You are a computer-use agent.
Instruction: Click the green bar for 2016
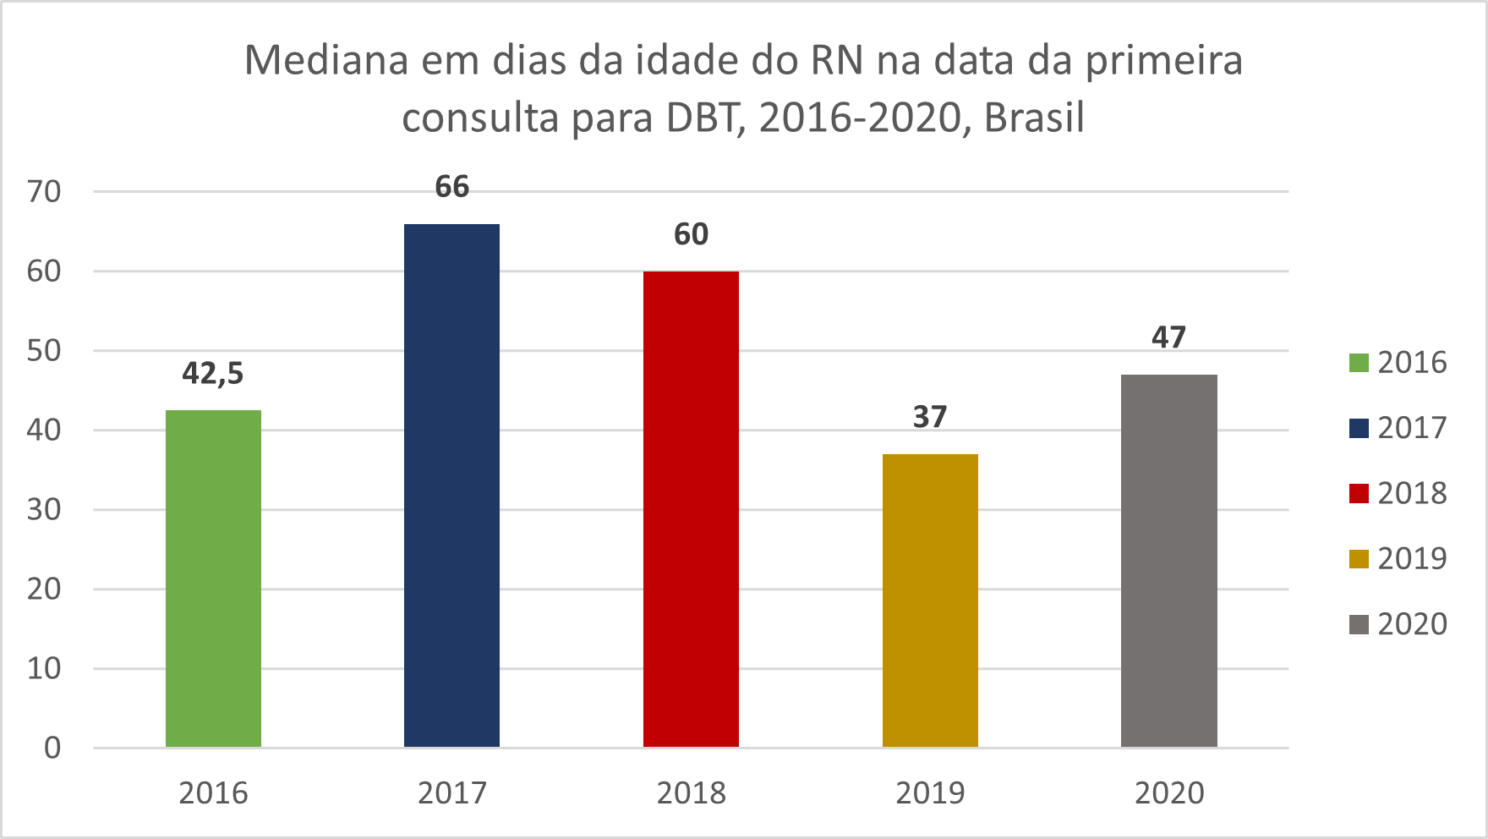tap(213, 579)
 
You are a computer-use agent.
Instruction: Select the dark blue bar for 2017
tap(451, 485)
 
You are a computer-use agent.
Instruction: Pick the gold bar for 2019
tap(930, 600)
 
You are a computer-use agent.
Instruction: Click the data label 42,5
tap(213, 373)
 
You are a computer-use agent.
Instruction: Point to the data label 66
tap(451, 187)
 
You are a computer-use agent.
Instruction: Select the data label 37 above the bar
tap(930, 417)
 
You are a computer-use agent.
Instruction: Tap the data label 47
tap(1168, 337)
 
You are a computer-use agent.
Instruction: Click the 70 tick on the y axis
tap(44, 192)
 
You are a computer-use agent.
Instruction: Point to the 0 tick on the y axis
tap(52, 748)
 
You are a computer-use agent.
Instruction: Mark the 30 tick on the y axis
tap(44, 510)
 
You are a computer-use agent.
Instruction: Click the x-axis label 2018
tap(691, 793)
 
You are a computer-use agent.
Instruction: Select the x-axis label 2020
tap(1168, 793)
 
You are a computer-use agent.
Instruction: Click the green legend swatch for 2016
tap(1359, 363)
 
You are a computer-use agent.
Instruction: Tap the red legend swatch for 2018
tap(1359, 493)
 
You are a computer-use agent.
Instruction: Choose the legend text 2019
tap(1412, 558)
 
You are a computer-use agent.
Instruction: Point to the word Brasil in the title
tap(1034, 118)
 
